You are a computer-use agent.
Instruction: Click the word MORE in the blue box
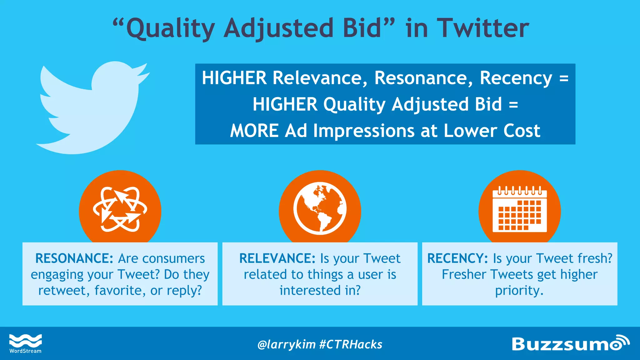coord(254,131)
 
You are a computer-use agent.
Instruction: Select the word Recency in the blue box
coord(516,78)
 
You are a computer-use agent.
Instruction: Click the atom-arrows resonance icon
coord(120,210)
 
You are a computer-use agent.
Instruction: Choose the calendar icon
coord(519,210)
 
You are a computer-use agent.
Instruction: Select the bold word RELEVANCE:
coord(277,258)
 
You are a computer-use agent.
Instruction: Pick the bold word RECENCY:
coord(457,258)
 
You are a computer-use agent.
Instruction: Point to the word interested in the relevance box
coord(310,291)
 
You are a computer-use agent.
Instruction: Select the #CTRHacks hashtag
coord(351,344)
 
